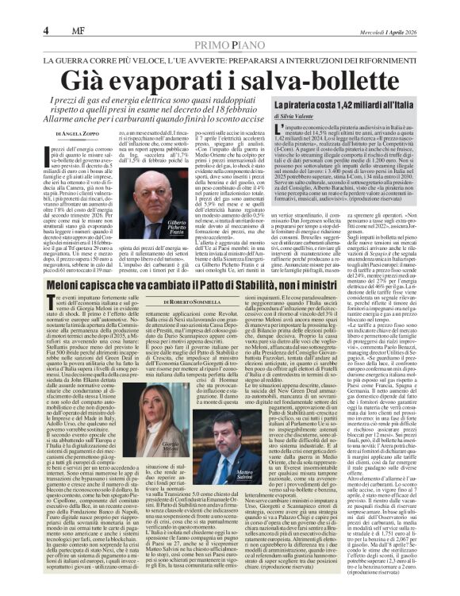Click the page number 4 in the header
pyautogui.click(x=47, y=31)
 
